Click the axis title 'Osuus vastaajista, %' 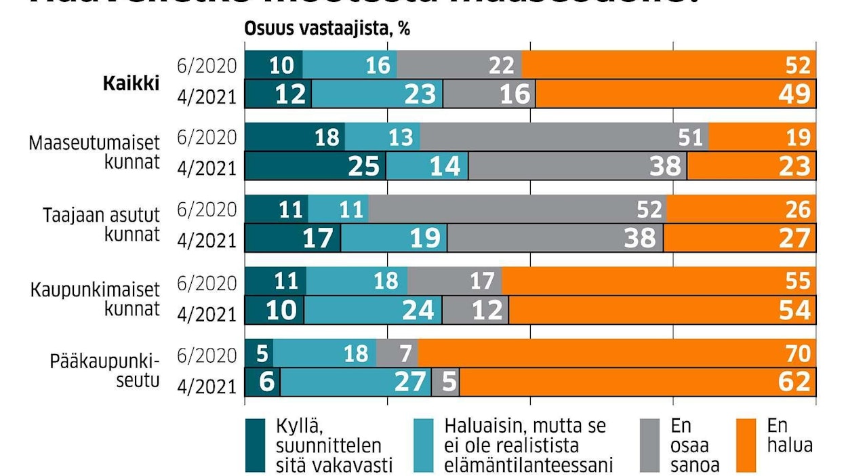pyautogui.click(x=327, y=30)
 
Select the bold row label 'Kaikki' pyautogui.click(x=131, y=83)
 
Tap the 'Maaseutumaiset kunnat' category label pyautogui.click(x=94, y=154)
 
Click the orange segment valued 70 pyautogui.click(x=617, y=354)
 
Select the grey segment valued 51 pyautogui.click(x=564, y=138)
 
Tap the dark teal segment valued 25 pyautogui.click(x=315, y=166)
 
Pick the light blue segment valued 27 pyautogui.click(x=355, y=382)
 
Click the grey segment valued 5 pyautogui.click(x=445, y=382)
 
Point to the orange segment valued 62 pyautogui.click(x=637, y=382)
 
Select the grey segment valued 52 pyautogui.click(x=517, y=210)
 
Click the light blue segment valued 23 pyautogui.click(x=377, y=94)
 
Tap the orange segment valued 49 pyautogui.click(x=676, y=94)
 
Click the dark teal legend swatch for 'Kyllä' pyautogui.click(x=255, y=445)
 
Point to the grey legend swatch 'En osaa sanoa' pyautogui.click(x=650, y=445)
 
